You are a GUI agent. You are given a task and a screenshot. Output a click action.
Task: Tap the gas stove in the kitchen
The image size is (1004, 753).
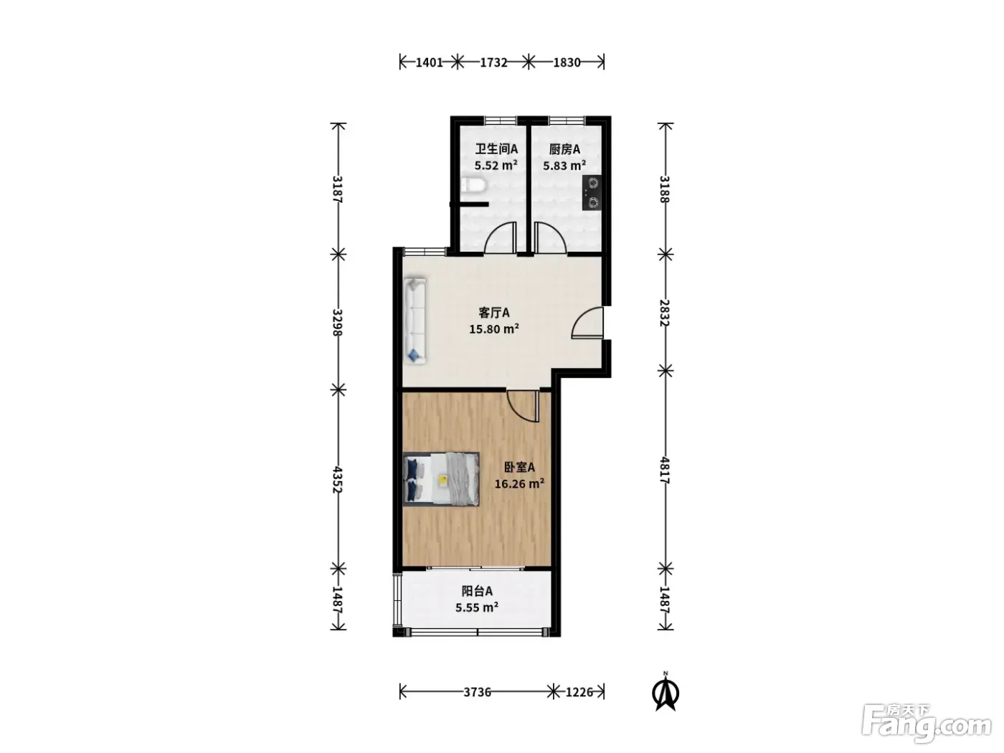592,192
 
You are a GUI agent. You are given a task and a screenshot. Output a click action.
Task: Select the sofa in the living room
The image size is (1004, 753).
415,321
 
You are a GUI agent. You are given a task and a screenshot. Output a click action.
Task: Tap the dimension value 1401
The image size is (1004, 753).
429,62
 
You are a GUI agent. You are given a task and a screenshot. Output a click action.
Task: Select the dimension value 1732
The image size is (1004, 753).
493,62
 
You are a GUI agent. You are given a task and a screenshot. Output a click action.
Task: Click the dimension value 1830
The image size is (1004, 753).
567,62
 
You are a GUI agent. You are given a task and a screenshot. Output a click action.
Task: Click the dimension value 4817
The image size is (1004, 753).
665,470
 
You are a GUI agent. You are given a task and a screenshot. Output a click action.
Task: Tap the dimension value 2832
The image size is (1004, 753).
665,313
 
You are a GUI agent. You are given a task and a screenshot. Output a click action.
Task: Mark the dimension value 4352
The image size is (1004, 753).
338,480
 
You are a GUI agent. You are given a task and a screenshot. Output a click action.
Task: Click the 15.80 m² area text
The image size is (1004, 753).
494,328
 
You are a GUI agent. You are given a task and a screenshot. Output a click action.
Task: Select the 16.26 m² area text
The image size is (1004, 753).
519,483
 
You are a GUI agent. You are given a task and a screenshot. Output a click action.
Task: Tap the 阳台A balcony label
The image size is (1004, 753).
477,591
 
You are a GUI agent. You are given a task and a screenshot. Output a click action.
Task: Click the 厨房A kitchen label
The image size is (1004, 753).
564,149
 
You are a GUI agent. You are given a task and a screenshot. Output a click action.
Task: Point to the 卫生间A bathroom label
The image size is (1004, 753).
496,149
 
